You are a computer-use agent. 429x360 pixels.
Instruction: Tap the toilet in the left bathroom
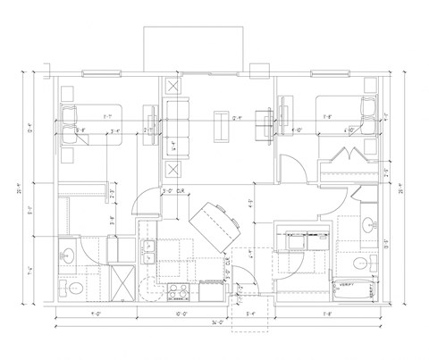pos(73,289)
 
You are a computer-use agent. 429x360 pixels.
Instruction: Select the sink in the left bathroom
pos(68,254)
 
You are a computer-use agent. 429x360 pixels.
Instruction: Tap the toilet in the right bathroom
pos(358,264)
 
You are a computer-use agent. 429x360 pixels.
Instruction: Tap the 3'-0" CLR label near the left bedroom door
pos(172,190)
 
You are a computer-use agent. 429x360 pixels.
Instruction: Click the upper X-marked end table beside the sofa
pos(172,88)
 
